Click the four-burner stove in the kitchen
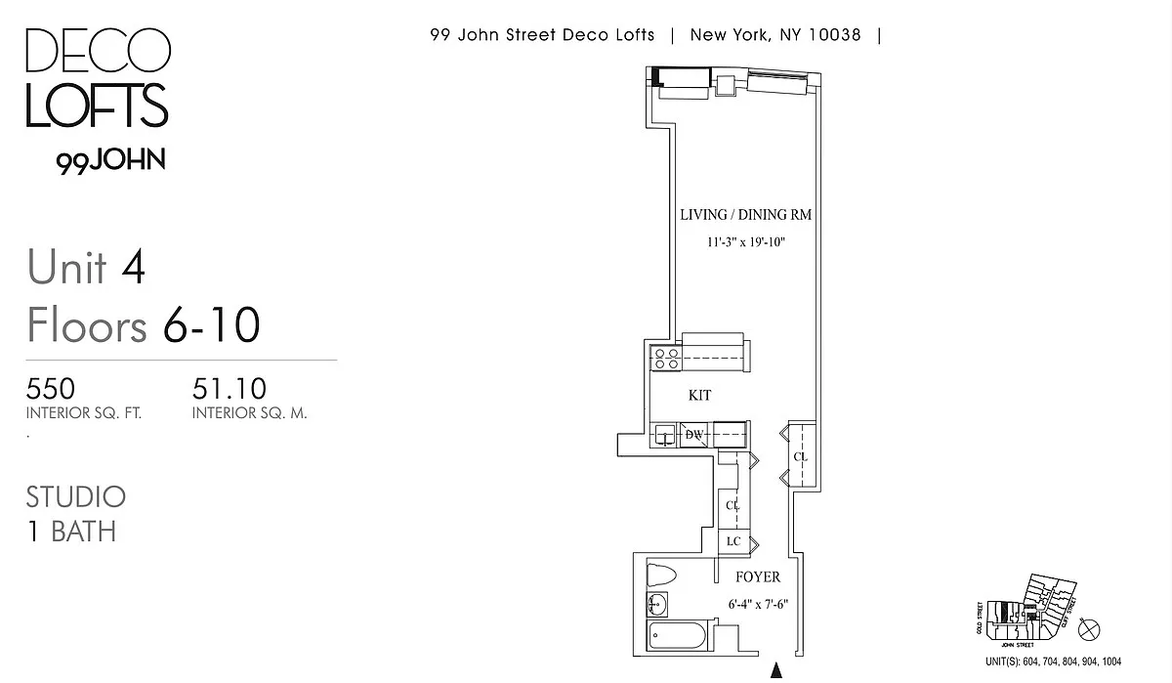coord(666,359)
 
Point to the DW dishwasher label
coord(694,435)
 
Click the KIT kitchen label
coord(699,396)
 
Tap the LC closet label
coord(732,542)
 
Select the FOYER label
coord(758,577)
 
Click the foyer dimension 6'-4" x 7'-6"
coord(758,604)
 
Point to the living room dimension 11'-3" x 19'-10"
coord(746,241)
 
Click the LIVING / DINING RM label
coord(746,215)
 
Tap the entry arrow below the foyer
coord(777,671)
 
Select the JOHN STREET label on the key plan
coord(1015,645)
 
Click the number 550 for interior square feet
coord(51,389)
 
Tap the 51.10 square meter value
coord(230,389)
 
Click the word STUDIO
coord(76,496)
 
